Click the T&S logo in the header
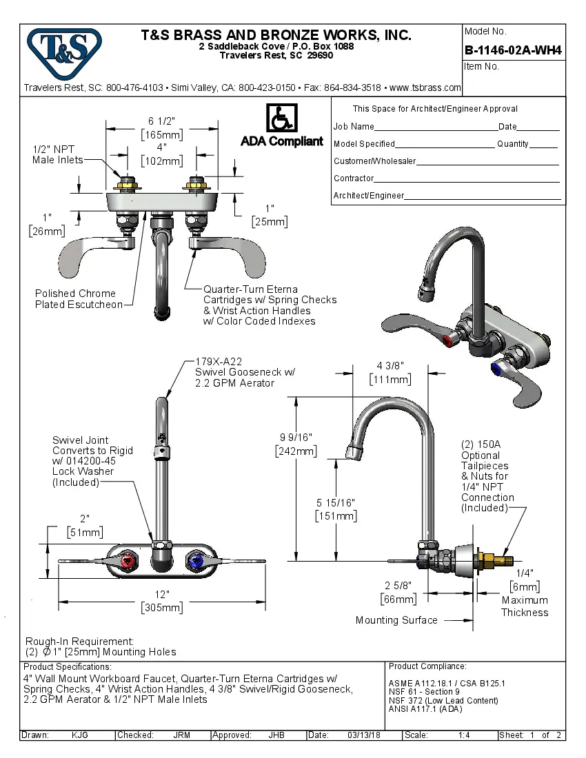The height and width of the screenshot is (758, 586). click(63, 49)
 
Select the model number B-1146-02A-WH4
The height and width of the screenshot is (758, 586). click(513, 50)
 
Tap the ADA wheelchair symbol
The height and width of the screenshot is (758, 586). click(281, 119)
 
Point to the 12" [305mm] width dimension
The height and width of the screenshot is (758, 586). click(162, 601)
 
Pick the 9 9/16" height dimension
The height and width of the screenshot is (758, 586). click(296, 444)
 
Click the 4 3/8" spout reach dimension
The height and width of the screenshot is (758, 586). click(390, 372)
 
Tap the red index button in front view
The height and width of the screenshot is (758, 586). click(128, 564)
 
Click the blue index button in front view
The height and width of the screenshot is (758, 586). click(196, 564)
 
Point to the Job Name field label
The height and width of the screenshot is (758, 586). click(354, 127)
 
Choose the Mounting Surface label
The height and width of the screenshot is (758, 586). click(396, 620)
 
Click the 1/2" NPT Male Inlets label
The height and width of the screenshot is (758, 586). click(57, 154)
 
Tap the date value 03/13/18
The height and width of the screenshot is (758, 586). click(365, 735)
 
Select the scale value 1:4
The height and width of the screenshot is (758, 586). click(464, 735)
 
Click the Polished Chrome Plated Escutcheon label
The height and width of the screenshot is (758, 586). click(79, 299)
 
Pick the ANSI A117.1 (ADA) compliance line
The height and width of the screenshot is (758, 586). click(425, 708)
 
